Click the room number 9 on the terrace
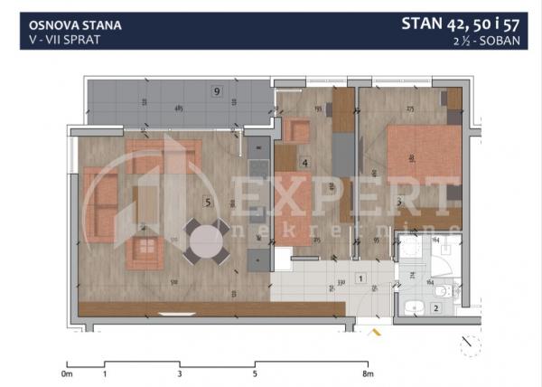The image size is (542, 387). pyautogui.click(x=217, y=91)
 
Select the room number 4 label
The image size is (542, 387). pyautogui.click(x=305, y=164)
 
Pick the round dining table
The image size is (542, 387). pyautogui.click(x=206, y=241)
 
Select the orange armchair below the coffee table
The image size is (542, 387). pyautogui.click(x=143, y=252)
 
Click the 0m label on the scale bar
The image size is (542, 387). pyautogui.click(x=67, y=373)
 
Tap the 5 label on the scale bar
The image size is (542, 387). pyautogui.click(x=256, y=373)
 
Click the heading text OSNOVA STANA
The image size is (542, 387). pyautogui.click(x=70, y=26)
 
